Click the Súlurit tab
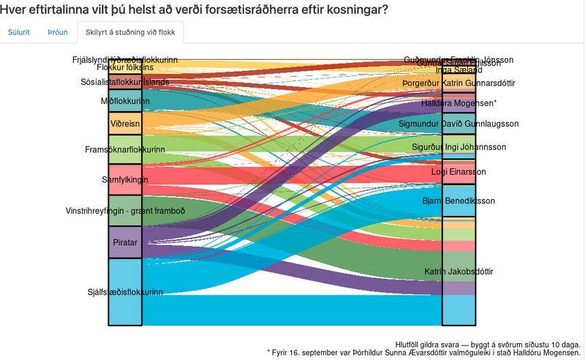coord(19,33)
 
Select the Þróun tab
coord(58,33)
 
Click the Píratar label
coord(124,241)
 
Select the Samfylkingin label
coord(125,179)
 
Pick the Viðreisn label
coord(125,124)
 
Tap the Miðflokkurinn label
coord(125,101)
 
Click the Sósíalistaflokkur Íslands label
coord(125,82)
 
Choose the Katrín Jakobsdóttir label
coord(459,271)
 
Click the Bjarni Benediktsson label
coord(459,200)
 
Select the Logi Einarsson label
coord(459,172)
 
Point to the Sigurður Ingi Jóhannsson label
coord(459,147)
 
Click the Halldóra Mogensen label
coord(459,103)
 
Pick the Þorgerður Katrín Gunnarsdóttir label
coord(459,83)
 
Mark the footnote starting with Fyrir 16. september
coord(424,352)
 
